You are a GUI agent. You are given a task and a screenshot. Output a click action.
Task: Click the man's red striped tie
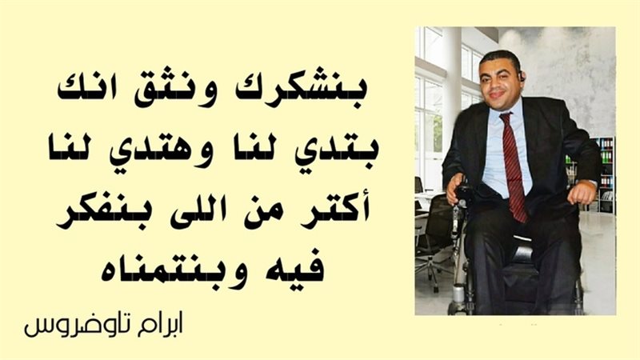(513, 164)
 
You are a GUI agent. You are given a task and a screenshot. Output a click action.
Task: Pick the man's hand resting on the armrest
(581, 193)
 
